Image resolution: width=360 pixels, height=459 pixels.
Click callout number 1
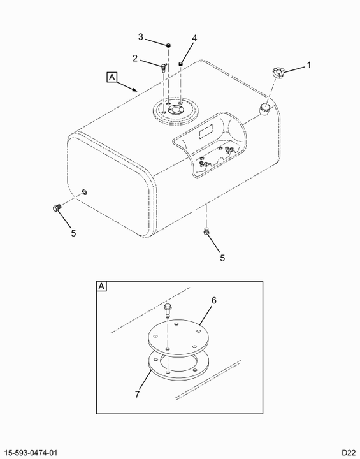308,65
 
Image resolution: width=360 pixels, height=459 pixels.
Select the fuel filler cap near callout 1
278,72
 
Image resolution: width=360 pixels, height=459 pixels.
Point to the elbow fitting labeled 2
162,68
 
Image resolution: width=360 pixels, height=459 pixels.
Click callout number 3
141,37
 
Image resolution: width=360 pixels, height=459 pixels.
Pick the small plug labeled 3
169,45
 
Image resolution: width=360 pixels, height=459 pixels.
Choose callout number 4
194,38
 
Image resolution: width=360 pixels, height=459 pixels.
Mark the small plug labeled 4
181,63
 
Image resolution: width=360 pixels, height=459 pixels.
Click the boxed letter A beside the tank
112,77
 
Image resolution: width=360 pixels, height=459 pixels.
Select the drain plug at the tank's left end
56,208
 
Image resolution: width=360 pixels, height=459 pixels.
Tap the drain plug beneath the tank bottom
206,231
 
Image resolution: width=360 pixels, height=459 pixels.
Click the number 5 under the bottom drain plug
222,258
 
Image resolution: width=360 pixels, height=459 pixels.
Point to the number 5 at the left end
73,233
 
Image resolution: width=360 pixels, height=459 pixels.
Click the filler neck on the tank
265,109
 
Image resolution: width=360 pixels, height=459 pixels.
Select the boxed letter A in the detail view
101,286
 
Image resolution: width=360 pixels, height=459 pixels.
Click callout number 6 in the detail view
214,300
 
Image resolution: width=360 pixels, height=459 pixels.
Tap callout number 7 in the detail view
138,395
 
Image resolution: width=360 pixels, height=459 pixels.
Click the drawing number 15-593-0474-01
31,453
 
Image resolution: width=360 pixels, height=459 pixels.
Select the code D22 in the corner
349,453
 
